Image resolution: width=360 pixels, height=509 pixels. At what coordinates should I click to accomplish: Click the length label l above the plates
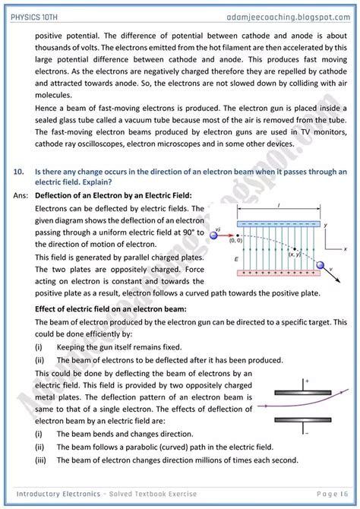(x=281, y=207)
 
